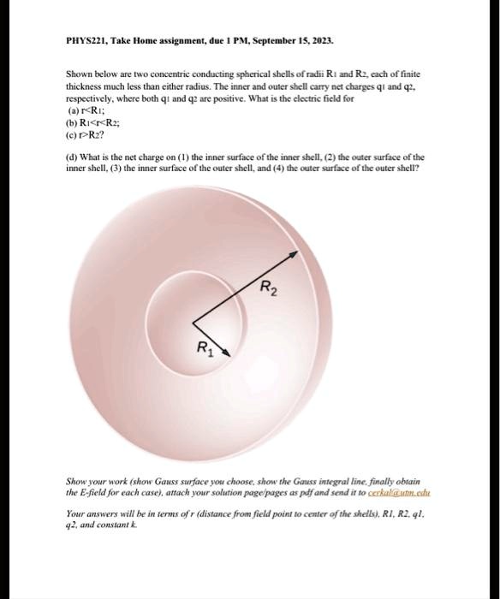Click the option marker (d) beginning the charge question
pos(73,157)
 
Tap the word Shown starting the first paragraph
pos(79,76)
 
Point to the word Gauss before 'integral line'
pos(306,483)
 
